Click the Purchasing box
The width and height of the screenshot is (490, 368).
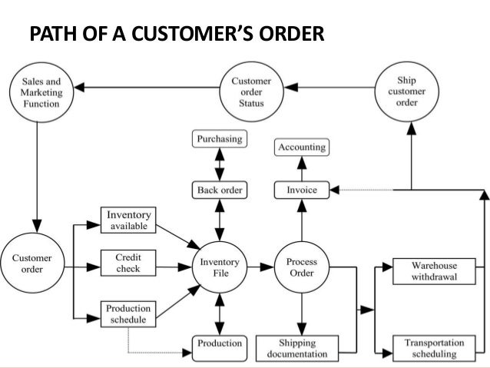(x=220, y=140)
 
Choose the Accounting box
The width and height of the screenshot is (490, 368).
(x=301, y=147)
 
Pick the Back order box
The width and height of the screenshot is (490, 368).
(x=220, y=189)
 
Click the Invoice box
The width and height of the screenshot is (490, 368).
(x=301, y=189)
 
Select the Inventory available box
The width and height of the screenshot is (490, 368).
(x=128, y=220)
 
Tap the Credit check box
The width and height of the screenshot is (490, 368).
(x=128, y=262)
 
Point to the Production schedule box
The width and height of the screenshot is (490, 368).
(x=128, y=313)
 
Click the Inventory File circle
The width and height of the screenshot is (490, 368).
(x=220, y=268)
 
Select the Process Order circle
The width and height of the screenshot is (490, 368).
(x=301, y=268)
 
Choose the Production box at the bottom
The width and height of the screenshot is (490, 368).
(x=220, y=343)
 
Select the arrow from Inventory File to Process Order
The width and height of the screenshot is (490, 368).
(x=262, y=268)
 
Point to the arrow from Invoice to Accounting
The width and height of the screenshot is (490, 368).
(x=301, y=168)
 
